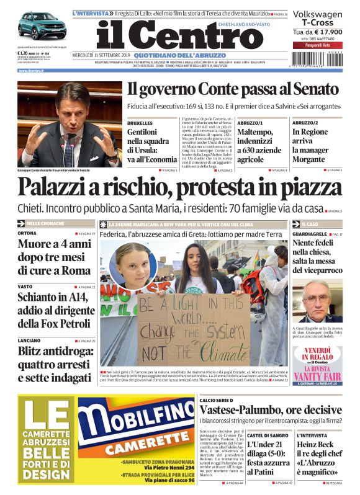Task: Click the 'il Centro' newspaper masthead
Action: pyautogui.click(x=180, y=35)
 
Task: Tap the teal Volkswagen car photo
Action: pyautogui.click(x=42, y=26)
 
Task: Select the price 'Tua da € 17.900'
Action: pyautogui.click(x=317, y=32)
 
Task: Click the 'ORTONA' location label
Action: pyautogui.click(x=27, y=233)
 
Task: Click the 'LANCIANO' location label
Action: pyautogui.click(x=29, y=341)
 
